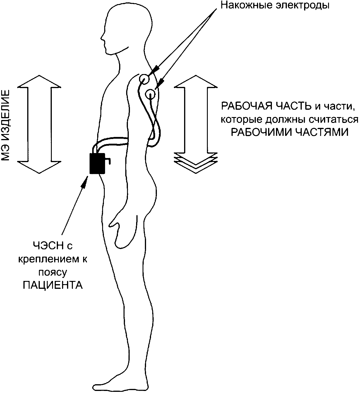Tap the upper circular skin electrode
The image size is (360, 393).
coord(144,79)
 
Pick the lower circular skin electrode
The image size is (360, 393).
coord(151,94)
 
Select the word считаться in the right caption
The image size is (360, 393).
coord(334,120)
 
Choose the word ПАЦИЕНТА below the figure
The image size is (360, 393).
coord(53,285)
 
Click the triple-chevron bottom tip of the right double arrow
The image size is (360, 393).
coord(196,168)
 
